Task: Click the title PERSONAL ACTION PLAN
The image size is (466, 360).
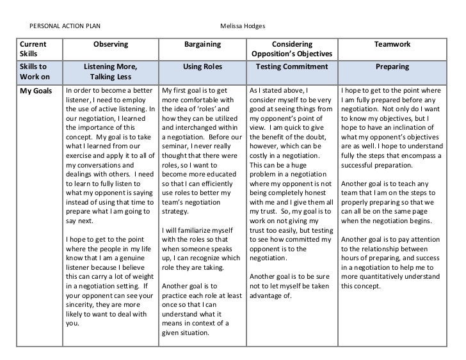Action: tap(65, 26)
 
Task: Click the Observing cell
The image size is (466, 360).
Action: tap(111, 44)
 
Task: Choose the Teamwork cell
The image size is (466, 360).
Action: tap(392, 44)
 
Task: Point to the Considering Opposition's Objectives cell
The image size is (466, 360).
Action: tap(292, 49)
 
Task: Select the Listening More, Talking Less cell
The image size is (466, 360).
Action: tap(111, 72)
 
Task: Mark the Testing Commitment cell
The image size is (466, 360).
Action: tap(292, 67)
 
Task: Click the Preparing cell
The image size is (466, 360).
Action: tap(392, 67)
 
